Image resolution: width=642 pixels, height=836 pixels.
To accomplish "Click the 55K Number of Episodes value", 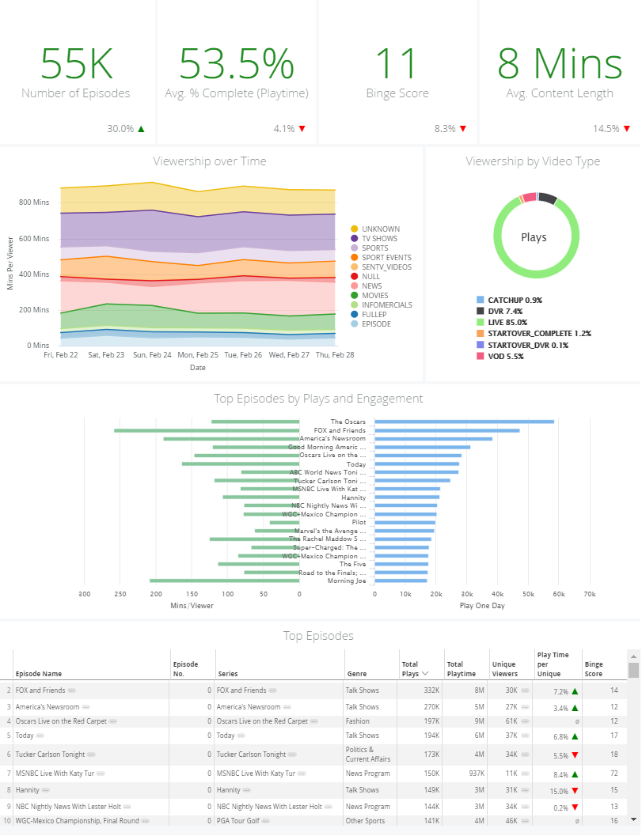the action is click(x=77, y=63).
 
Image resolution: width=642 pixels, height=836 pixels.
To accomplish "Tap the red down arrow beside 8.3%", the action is click(x=462, y=128).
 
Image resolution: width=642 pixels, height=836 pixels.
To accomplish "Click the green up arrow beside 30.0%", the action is click(x=141, y=128).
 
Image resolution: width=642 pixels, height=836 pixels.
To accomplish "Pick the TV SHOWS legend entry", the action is click(x=374, y=238).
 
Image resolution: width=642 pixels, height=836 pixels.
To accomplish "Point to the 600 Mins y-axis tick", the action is click(x=33, y=238).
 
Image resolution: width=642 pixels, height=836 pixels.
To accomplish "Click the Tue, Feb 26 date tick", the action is click(x=243, y=354).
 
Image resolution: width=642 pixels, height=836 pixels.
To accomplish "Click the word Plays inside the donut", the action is click(x=534, y=237).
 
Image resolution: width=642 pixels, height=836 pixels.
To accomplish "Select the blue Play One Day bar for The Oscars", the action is click(x=465, y=422).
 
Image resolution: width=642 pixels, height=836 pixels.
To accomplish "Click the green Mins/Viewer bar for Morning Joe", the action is click(x=225, y=581).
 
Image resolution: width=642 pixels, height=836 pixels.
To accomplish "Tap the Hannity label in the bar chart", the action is click(x=354, y=497).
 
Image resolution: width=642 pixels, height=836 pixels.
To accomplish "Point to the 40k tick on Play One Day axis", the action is click(x=497, y=594).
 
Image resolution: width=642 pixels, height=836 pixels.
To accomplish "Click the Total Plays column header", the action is click(x=410, y=669).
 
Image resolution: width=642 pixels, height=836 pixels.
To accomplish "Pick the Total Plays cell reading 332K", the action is click(x=431, y=690).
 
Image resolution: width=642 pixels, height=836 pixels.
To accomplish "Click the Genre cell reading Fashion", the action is click(x=358, y=721).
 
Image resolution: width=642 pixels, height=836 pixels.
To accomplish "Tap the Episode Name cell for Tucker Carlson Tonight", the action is click(x=50, y=755).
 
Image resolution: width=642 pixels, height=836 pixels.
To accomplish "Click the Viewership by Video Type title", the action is click(x=533, y=161).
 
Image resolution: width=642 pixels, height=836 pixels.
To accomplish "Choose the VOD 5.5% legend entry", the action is click(x=500, y=356).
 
